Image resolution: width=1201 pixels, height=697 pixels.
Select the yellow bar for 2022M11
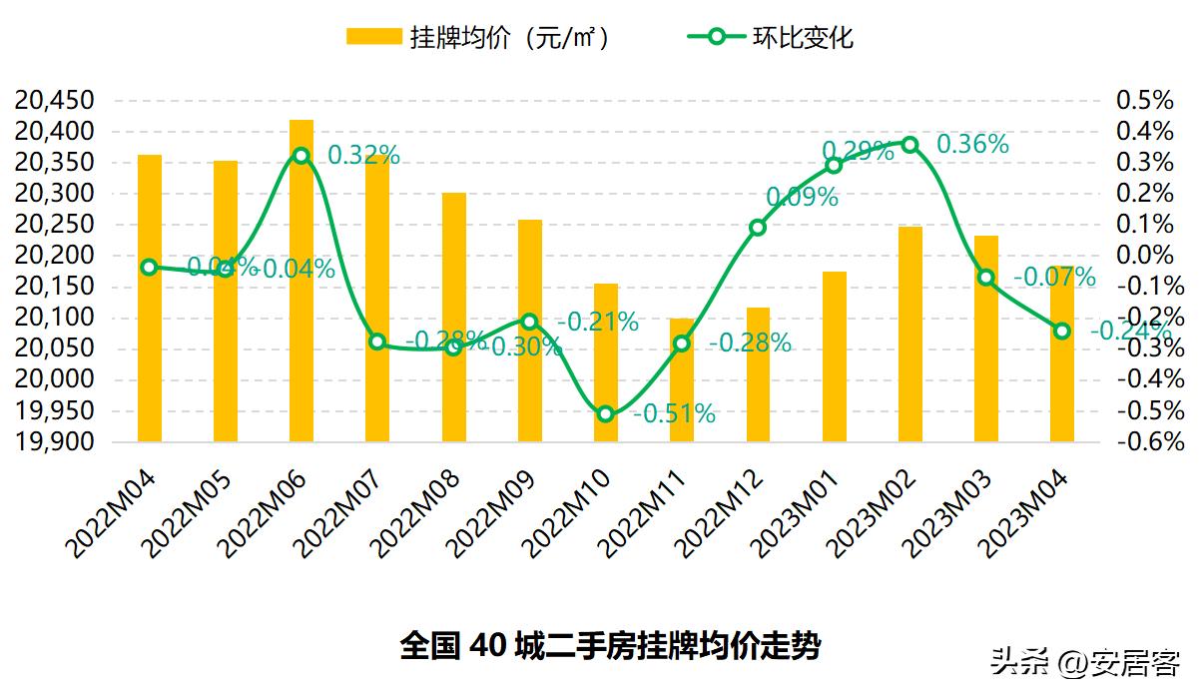point(682,379)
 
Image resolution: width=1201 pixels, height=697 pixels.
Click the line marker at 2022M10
point(605,413)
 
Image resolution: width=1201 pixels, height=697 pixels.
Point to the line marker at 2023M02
point(909,144)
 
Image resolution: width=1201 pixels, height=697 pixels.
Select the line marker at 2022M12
point(758,228)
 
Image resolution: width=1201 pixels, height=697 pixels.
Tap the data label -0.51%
point(674,413)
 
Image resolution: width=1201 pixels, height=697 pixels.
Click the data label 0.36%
point(972,145)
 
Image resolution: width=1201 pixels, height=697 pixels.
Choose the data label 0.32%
point(363,156)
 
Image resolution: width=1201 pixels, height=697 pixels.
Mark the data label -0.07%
point(1054,278)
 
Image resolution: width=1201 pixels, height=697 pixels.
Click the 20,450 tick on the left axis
point(56,101)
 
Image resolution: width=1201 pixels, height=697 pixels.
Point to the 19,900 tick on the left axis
point(56,442)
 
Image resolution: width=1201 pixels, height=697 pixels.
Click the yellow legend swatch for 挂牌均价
point(373,37)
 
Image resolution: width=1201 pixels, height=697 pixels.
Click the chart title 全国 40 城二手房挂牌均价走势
point(610,645)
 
